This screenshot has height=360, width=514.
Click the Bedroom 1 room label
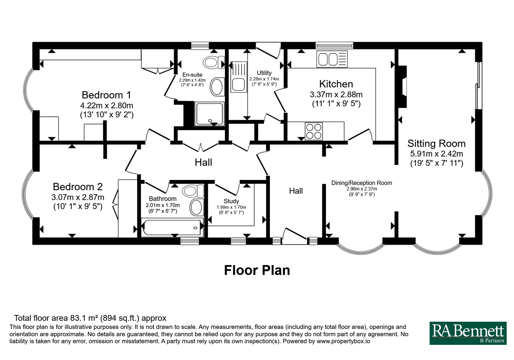tap(106, 95)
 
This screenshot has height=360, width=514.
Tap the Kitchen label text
tap(336, 84)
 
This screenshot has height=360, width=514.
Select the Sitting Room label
tap(437, 143)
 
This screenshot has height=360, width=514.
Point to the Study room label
tap(231, 201)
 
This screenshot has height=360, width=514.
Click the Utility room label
tap(264, 73)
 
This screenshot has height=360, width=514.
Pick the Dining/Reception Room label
tap(362, 183)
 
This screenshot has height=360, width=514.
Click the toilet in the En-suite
tap(214, 62)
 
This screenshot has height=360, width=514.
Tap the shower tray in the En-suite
tap(209, 114)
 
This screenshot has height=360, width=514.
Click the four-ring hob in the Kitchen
tap(314, 131)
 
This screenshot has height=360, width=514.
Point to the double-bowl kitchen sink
tap(332, 59)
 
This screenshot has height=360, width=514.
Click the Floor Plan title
tap(257, 270)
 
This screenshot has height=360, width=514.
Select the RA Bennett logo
tap(468, 333)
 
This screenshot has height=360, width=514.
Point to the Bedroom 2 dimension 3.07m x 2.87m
tap(78, 197)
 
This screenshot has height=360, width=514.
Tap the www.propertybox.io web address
tap(343, 341)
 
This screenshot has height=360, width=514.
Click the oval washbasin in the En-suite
tap(217, 86)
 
